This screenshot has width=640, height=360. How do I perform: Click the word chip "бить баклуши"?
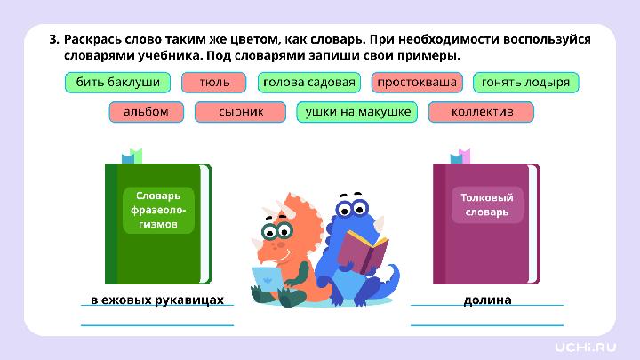[x=117, y=83]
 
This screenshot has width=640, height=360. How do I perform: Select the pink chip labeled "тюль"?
[x=214, y=83]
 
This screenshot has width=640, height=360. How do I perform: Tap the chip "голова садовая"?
[x=308, y=83]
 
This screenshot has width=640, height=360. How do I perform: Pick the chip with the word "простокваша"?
[x=417, y=83]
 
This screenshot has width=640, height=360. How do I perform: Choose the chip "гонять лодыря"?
[x=525, y=83]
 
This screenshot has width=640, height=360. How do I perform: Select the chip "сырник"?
[x=241, y=112]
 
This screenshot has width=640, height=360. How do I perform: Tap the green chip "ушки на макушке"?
[x=357, y=112]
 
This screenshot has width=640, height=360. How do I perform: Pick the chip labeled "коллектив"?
[x=482, y=112]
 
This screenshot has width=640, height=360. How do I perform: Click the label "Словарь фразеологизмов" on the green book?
[x=157, y=210]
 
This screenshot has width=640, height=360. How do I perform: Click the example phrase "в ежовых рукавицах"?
[x=157, y=300]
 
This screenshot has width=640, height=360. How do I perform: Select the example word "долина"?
[x=487, y=300]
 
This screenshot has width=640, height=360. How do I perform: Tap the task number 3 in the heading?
[x=53, y=39]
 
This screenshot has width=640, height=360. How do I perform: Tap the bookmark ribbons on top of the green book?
[x=132, y=156]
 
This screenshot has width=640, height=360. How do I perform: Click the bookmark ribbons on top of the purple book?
[x=460, y=156]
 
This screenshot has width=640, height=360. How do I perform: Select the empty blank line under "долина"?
[x=487, y=324]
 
